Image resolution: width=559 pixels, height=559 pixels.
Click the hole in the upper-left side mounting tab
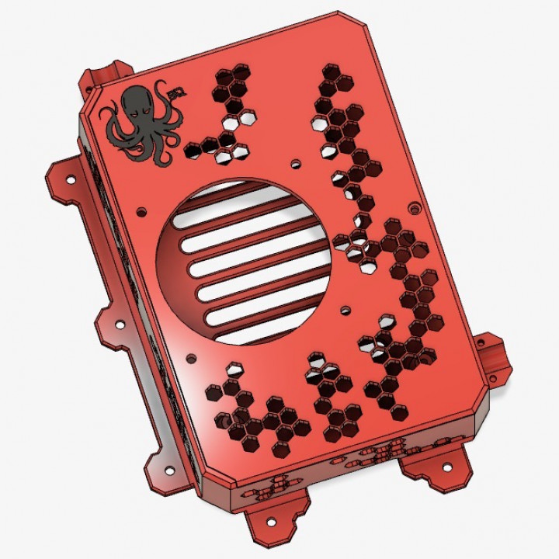pyautogui.click(x=71, y=180)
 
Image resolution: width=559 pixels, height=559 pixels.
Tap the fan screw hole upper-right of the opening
pyautogui.click(x=296, y=164)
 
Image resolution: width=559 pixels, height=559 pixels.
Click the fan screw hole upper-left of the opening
pyautogui.click(x=141, y=210)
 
